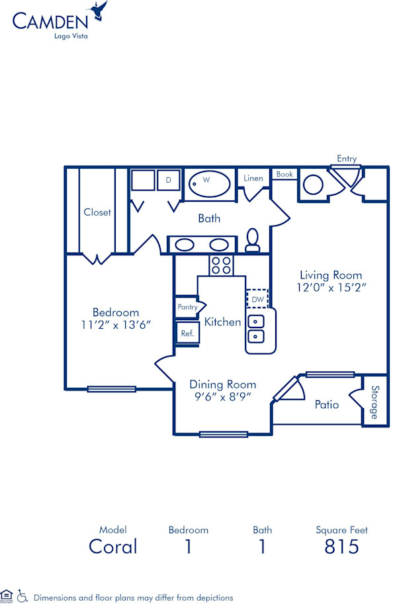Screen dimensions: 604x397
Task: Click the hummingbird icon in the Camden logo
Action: [x=100, y=10]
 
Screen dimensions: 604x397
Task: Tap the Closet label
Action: [x=97, y=212]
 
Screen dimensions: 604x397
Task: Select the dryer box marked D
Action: [x=169, y=180]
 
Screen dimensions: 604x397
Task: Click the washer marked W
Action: [x=207, y=180]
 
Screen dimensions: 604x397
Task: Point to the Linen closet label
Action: [x=253, y=178]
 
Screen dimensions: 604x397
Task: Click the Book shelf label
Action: [x=285, y=175]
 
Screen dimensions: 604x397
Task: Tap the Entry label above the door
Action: [x=347, y=159]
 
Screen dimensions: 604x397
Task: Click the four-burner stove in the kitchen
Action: [x=221, y=265]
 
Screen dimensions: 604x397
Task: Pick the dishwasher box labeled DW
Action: [x=258, y=299]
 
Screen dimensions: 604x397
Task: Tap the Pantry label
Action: [x=187, y=308]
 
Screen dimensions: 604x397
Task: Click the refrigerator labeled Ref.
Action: [x=187, y=333]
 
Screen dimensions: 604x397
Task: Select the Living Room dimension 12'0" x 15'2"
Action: [x=331, y=288]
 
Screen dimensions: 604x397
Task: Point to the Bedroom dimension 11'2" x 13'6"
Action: [x=116, y=324]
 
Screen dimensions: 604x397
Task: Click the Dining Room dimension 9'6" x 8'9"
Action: [x=222, y=396]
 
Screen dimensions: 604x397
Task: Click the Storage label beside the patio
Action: [x=375, y=402]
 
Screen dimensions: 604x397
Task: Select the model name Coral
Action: [x=113, y=546]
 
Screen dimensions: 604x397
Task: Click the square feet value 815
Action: [x=341, y=546]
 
